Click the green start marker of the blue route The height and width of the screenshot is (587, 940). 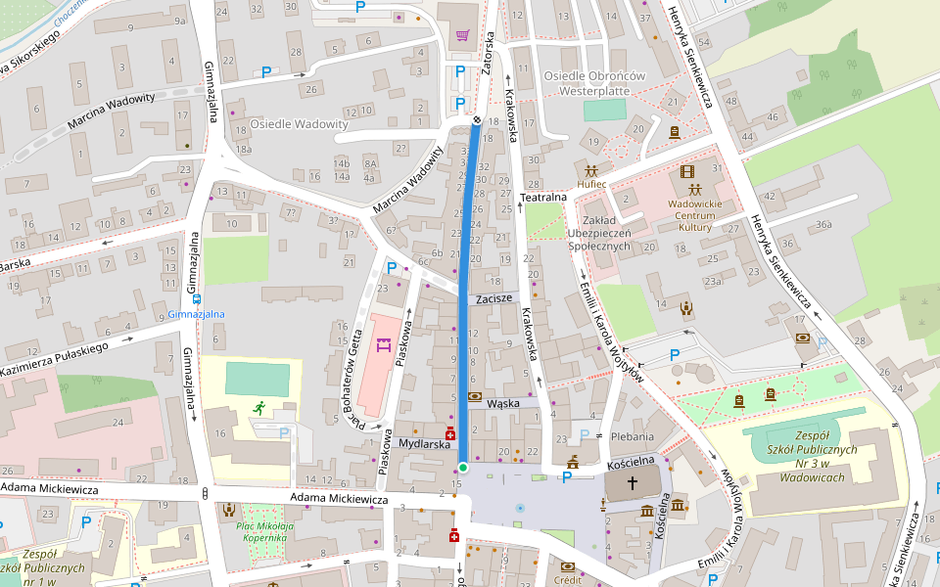click(x=462, y=468)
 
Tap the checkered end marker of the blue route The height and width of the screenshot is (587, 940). click(x=477, y=119)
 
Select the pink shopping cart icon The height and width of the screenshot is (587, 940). click(x=461, y=36)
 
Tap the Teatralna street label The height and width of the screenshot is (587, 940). click(x=544, y=197)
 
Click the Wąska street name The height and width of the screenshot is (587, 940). click(x=502, y=402)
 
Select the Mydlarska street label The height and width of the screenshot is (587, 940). click(x=424, y=444)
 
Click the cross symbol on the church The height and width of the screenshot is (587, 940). click(x=633, y=482)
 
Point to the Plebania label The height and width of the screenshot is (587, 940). click(x=632, y=436)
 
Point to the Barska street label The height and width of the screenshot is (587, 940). click(x=18, y=264)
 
